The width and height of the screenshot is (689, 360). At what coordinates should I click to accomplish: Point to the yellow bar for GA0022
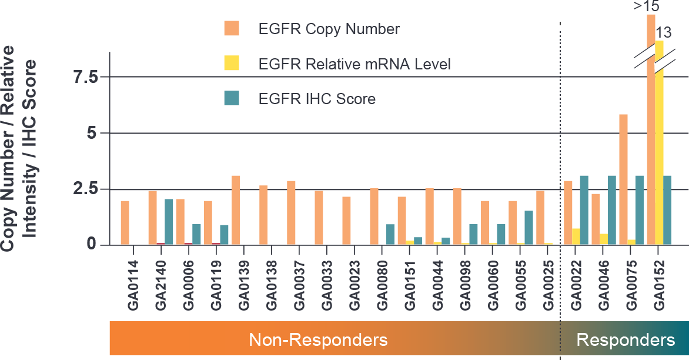pyautogui.click(x=576, y=236)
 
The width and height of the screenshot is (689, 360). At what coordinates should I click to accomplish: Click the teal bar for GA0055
pyautogui.click(x=529, y=227)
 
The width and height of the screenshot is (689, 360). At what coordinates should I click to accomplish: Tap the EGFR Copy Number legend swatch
pyautogui.click(x=232, y=29)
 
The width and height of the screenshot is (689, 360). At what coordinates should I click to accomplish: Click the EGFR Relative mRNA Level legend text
pyautogui.click(x=354, y=64)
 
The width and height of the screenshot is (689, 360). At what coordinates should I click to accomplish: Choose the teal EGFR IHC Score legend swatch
pyautogui.click(x=232, y=99)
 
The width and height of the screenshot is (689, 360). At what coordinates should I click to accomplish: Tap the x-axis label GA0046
pyautogui.click(x=604, y=285)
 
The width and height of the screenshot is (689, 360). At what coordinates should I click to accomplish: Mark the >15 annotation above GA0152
pyautogui.click(x=646, y=6)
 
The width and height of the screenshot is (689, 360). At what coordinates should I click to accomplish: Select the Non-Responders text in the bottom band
pyautogui.click(x=318, y=340)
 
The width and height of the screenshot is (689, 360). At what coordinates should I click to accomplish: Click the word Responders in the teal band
pyautogui.click(x=626, y=340)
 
